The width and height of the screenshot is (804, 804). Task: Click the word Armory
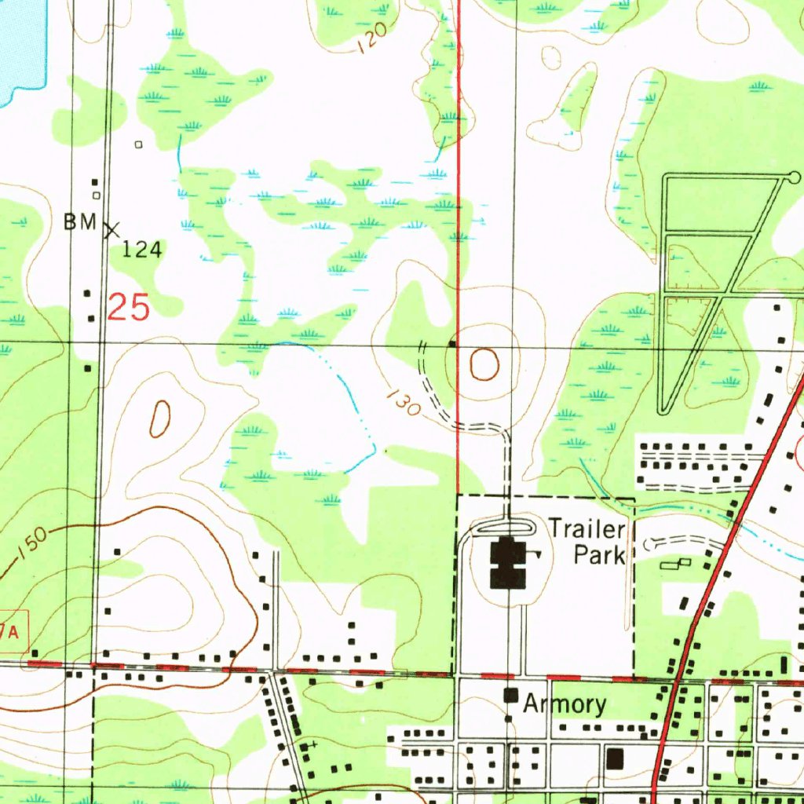tap(565, 703)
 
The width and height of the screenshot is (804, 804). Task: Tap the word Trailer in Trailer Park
tap(587, 528)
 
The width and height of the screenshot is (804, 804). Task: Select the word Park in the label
tap(599, 555)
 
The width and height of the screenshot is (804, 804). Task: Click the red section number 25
tap(128, 308)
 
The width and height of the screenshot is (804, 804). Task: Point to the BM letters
tap(79, 222)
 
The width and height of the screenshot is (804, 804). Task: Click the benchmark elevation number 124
tap(143, 250)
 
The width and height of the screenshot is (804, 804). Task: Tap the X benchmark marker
tap(111, 230)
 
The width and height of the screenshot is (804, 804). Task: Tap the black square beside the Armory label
tap(512, 695)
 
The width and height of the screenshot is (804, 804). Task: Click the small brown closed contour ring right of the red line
tap(484, 364)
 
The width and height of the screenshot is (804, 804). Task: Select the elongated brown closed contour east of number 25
tap(159, 418)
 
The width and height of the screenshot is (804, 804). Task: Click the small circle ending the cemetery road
tap(794, 177)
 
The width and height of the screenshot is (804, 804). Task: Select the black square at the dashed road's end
tap(452, 343)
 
